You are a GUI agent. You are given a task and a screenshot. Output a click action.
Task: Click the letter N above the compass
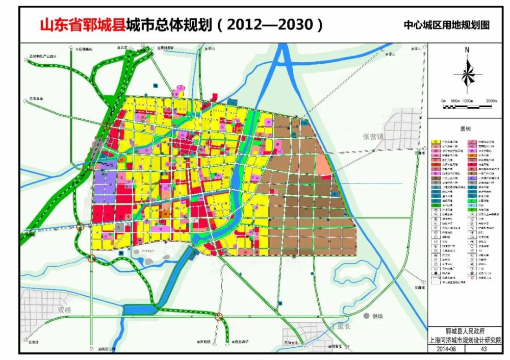[467, 50]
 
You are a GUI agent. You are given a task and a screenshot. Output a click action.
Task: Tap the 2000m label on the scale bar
[492, 101]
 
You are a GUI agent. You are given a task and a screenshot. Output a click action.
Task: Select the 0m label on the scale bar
[443, 101]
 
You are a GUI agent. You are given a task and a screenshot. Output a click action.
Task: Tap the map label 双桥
[65, 310]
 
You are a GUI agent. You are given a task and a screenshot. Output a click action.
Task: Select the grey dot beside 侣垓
[366, 316]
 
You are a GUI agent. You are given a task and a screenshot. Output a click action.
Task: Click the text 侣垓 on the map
[378, 317]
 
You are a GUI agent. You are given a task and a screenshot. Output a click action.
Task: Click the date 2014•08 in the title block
[446, 349]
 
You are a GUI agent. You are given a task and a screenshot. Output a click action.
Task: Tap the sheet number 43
[484, 349]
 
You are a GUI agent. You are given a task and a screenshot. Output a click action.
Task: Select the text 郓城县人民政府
[466, 331]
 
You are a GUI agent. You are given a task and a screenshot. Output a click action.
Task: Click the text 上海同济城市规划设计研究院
[466, 340]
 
